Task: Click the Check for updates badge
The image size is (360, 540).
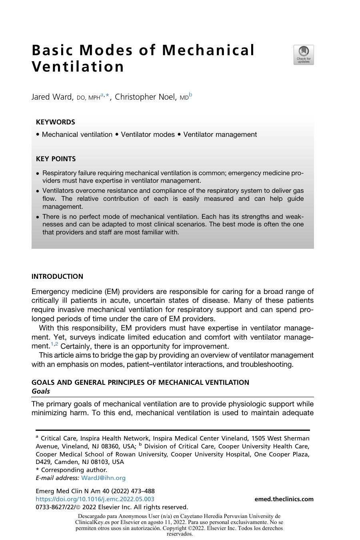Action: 304,55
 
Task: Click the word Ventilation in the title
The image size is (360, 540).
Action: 78,67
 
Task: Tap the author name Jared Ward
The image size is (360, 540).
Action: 52,97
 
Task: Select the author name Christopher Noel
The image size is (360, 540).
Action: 145,97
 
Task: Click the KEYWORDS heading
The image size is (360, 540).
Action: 55,122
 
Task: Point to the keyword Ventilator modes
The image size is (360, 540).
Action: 148,134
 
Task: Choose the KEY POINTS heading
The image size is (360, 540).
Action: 56,159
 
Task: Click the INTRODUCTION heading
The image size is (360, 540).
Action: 57,276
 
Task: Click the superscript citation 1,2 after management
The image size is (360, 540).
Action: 54,344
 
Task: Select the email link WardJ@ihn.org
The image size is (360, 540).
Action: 103,478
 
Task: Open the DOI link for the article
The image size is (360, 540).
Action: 95,499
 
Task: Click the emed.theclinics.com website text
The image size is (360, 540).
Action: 284,499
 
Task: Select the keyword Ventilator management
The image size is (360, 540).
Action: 220,134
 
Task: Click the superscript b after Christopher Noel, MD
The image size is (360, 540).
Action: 190,95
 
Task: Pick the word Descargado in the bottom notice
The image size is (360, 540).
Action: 92,516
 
